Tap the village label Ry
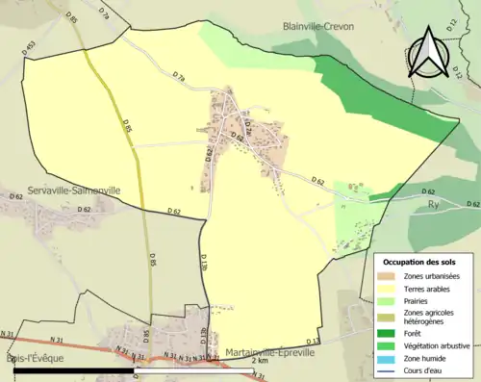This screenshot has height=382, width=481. tap(434, 205)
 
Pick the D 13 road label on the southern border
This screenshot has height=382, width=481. tap(313, 342)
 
